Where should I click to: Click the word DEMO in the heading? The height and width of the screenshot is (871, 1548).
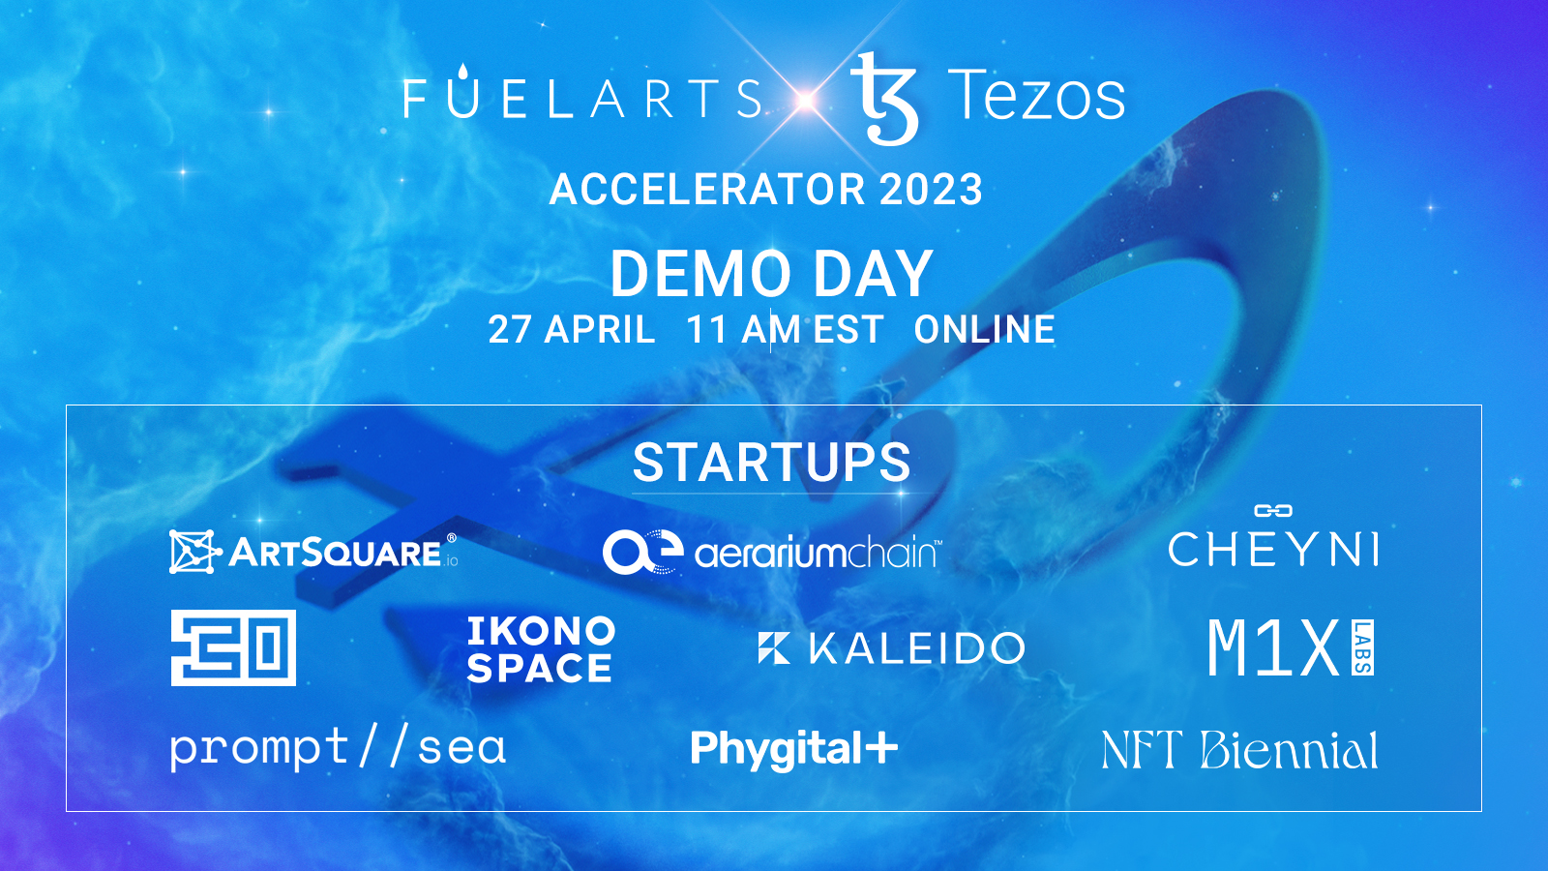coord(700,274)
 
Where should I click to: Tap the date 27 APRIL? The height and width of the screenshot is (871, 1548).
coord(572,329)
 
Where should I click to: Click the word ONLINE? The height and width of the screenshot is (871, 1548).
coord(984,329)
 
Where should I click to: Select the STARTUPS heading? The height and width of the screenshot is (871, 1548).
coord(772,463)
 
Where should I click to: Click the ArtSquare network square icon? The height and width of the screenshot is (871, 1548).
coord(194,552)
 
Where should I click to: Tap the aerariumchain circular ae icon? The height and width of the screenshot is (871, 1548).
coord(642,552)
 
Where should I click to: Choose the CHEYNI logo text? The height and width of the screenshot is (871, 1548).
coord(1273,549)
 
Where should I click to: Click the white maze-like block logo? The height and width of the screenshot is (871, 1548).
coord(233,647)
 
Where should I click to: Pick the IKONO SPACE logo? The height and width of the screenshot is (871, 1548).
coord(541,649)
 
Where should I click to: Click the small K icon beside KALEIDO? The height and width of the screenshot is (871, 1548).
coord(774,647)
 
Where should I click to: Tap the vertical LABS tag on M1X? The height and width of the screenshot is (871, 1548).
coord(1363,647)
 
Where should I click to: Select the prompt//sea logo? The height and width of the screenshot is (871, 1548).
coord(338,748)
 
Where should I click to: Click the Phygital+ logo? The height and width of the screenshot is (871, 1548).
coord(794,750)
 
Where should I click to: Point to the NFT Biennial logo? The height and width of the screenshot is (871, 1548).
coord(1239,750)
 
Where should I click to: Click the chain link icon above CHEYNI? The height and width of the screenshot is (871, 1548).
coord(1273,511)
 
